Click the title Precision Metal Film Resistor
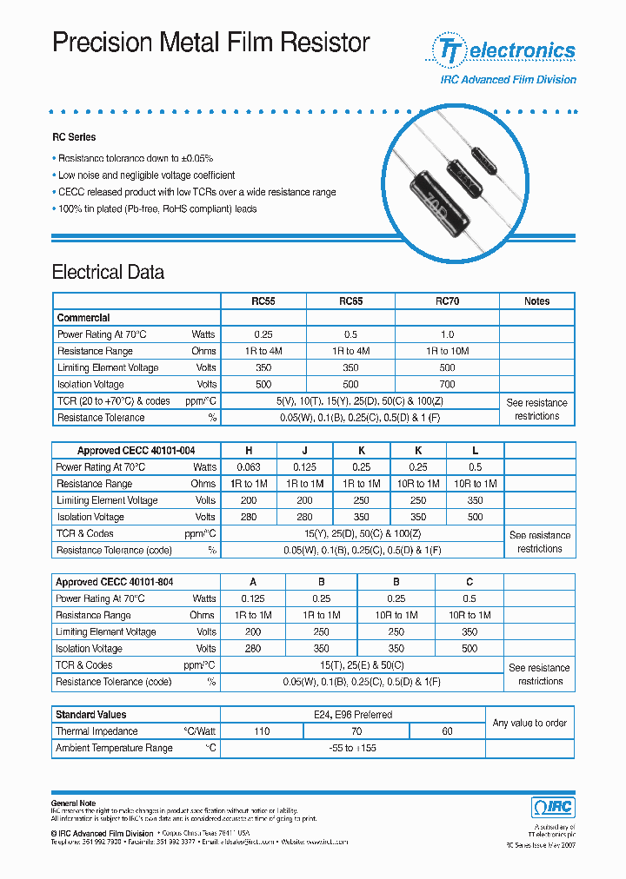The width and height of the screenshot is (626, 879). pyautogui.click(x=211, y=43)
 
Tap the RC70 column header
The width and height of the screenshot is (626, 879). pyautogui.click(x=447, y=301)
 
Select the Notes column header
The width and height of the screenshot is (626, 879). pyautogui.click(x=536, y=301)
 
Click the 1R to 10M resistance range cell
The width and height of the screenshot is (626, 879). pyautogui.click(x=447, y=351)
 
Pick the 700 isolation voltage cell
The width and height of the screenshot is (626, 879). pyautogui.click(x=447, y=384)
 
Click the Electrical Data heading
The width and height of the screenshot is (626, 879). pyautogui.click(x=108, y=272)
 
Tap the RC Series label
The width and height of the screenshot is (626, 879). pyautogui.click(x=74, y=137)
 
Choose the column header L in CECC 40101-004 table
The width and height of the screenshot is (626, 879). pyautogui.click(x=475, y=451)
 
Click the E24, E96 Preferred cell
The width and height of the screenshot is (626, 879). pyautogui.click(x=352, y=715)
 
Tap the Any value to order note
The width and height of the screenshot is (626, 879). pyautogui.click(x=529, y=723)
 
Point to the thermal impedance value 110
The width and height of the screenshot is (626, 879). pyautogui.click(x=261, y=731)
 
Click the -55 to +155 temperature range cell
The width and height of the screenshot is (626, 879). pyautogui.click(x=352, y=748)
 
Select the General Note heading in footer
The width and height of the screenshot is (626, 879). pyautogui.click(x=74, y=803)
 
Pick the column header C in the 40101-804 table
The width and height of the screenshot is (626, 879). pyautogui.click(x=469, y=582)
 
